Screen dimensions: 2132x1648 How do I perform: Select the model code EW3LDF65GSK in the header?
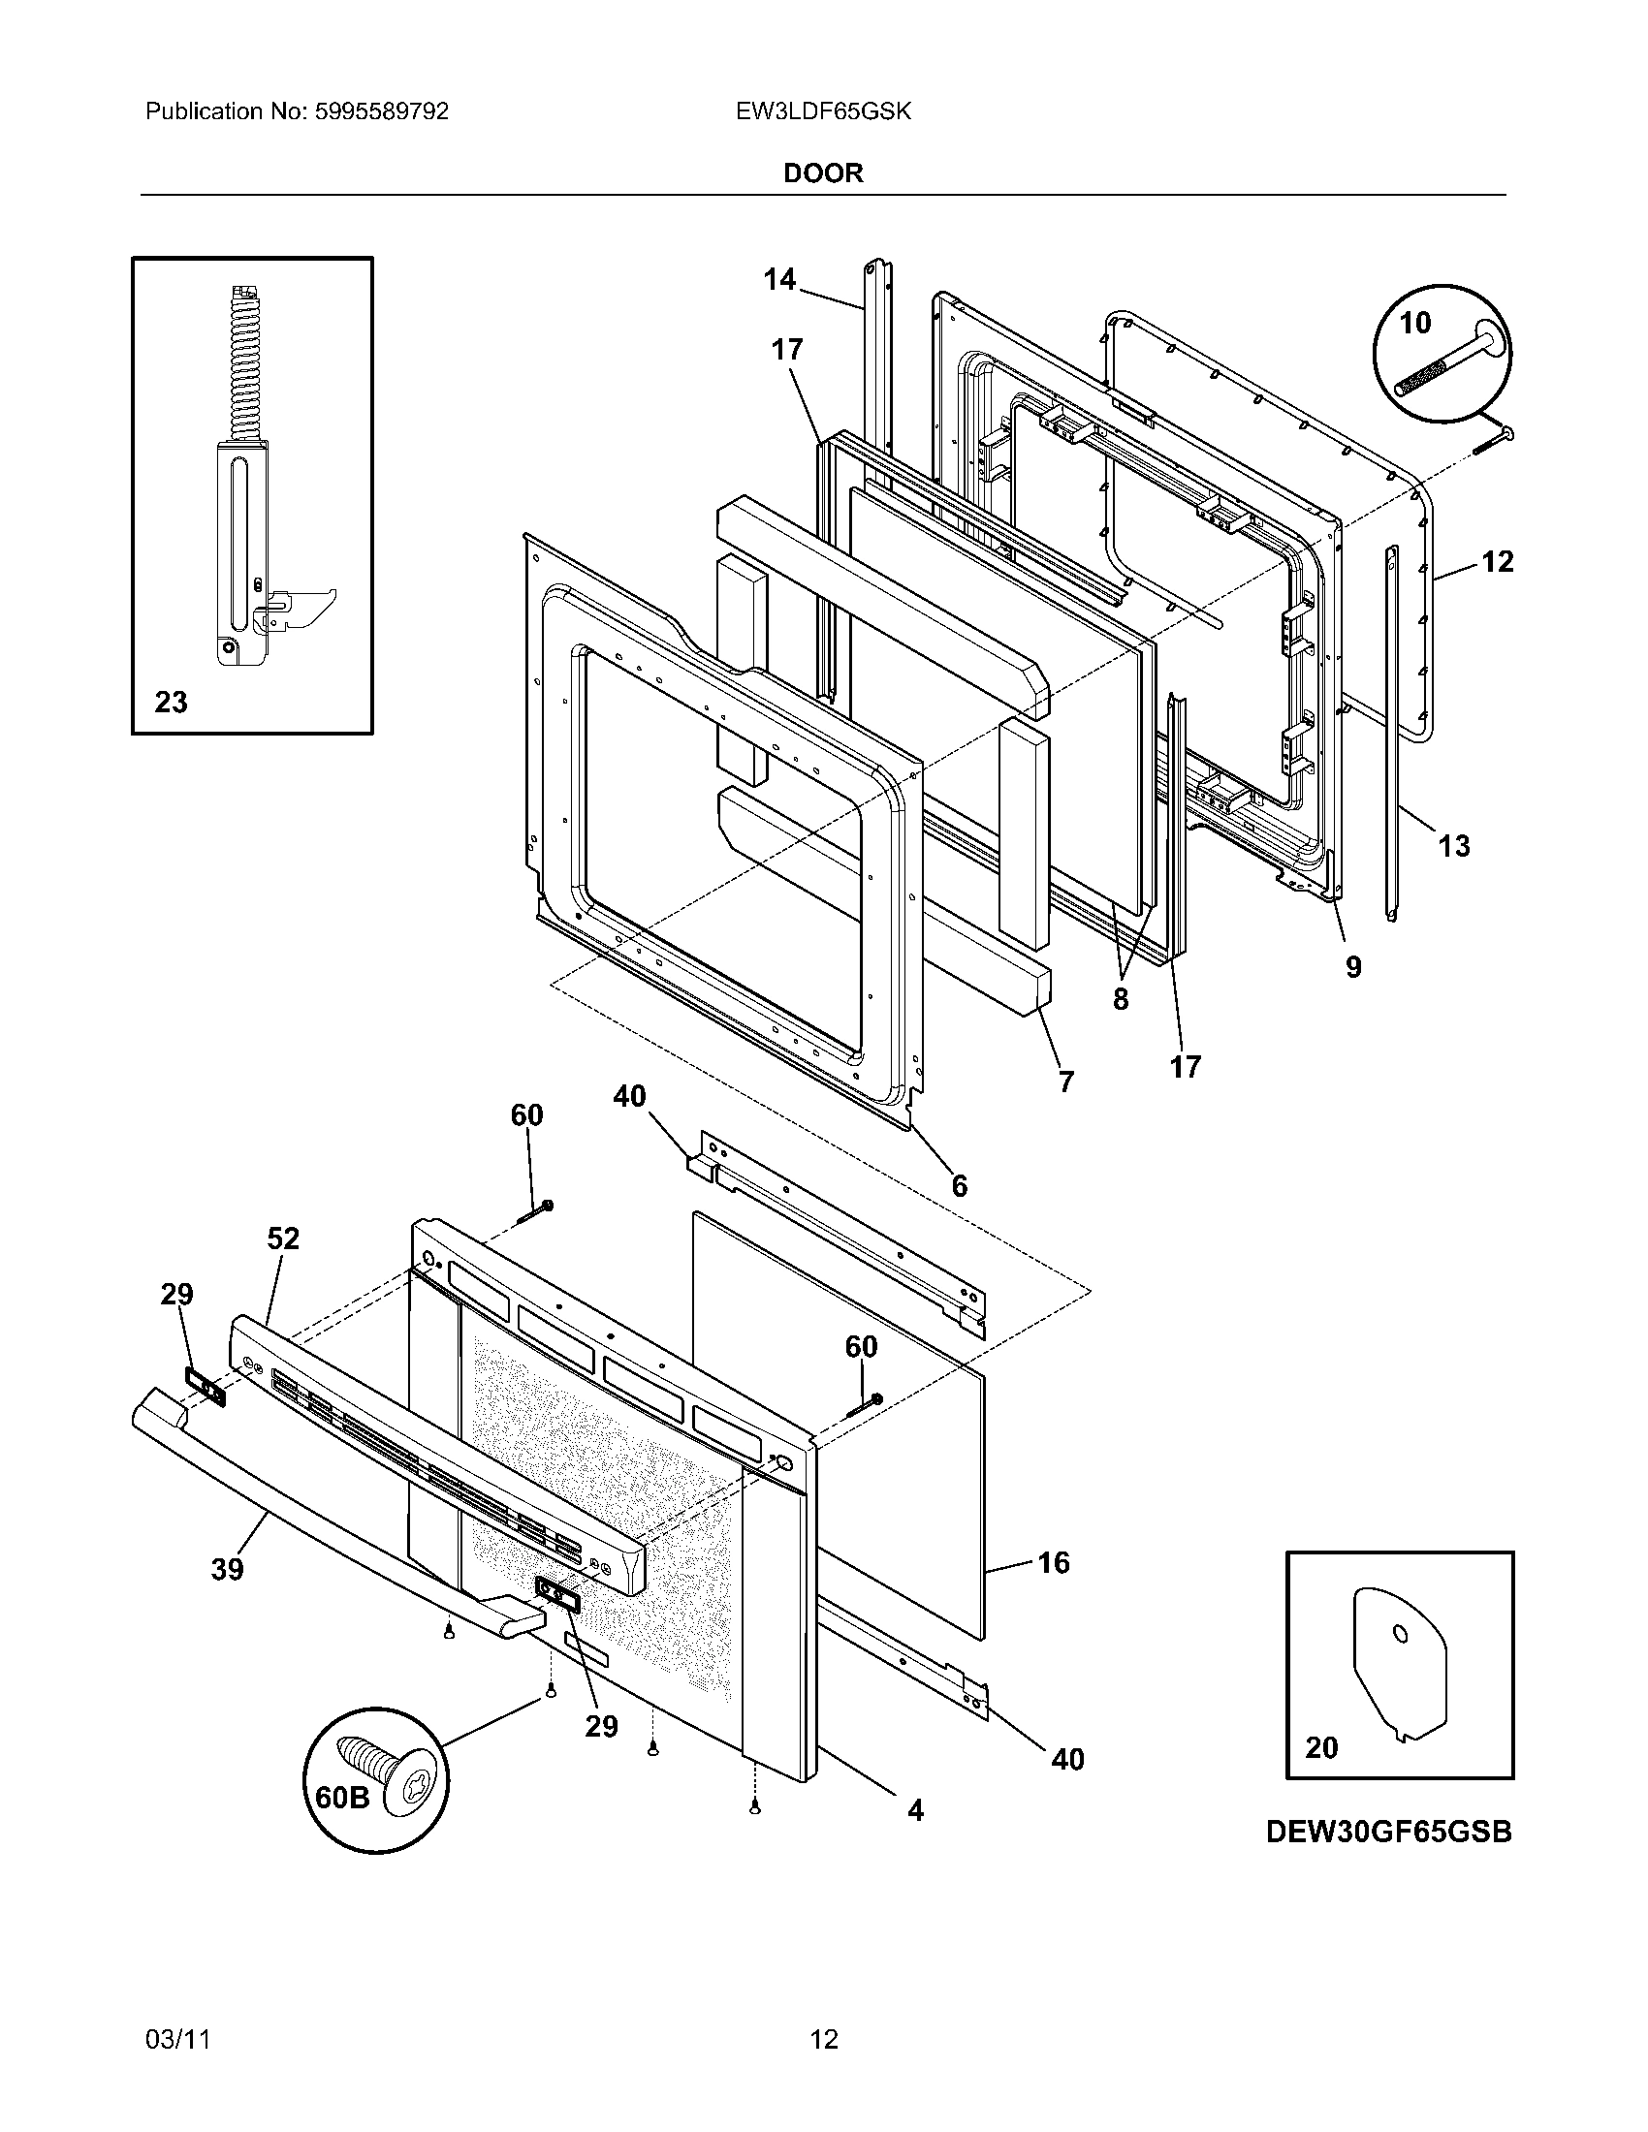point(823,111)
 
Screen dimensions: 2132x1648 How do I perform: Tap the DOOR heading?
point(823,172)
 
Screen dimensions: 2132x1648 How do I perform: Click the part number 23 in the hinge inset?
point(171,702)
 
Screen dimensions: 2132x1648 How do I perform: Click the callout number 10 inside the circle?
point(1414,322)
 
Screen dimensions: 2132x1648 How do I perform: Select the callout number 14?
point(779,280)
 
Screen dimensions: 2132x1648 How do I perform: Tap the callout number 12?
point(1497,561)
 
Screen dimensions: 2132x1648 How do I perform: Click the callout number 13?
point(1454,845)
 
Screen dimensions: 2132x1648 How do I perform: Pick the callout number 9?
point(1353,966)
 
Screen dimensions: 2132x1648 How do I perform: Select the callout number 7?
point(1066,1081)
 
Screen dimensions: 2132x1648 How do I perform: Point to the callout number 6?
point(959,1185)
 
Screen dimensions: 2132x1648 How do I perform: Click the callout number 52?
point(283,1238)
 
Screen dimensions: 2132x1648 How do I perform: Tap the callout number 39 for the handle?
point(227,1569)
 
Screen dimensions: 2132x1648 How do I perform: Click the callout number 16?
point(1054,1562)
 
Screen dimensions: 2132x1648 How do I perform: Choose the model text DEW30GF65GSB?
point(1388,1833)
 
